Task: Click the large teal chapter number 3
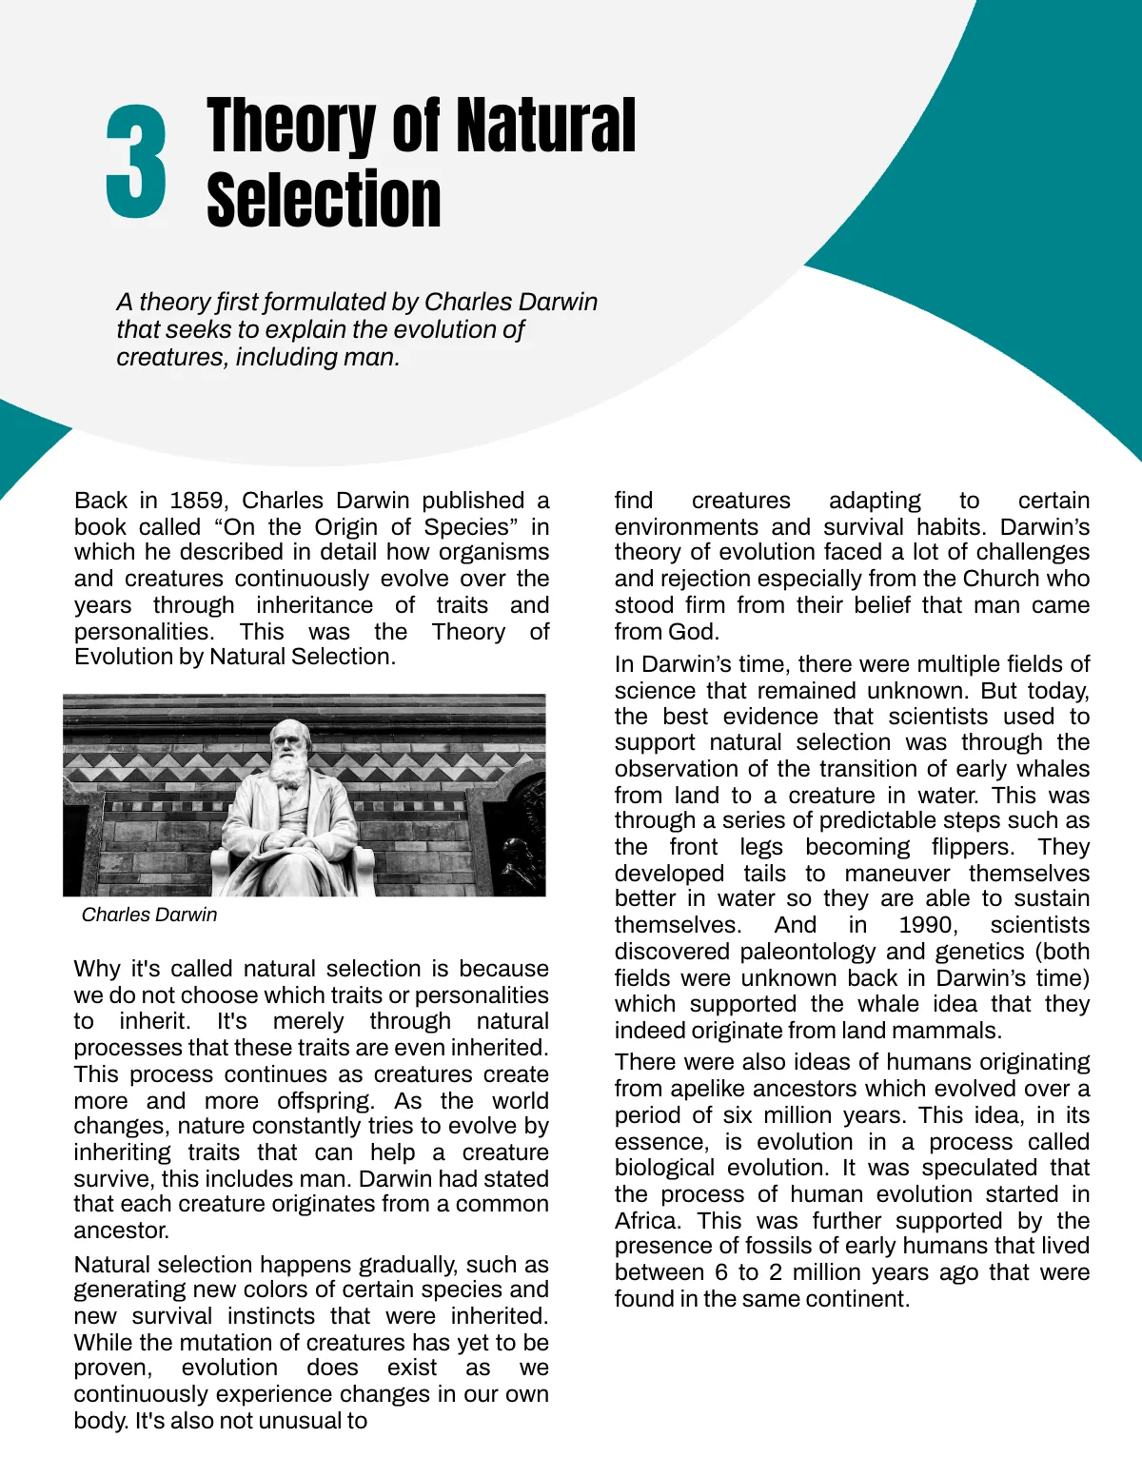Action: tap(136, 162)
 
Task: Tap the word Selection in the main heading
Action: tap(324, 200)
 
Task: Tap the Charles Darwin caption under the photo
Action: tap(149, 915)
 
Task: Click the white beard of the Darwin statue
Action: tap(288, 769)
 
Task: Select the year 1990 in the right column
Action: tap(928, 925)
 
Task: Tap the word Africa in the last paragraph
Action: tap(646, 1221)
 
